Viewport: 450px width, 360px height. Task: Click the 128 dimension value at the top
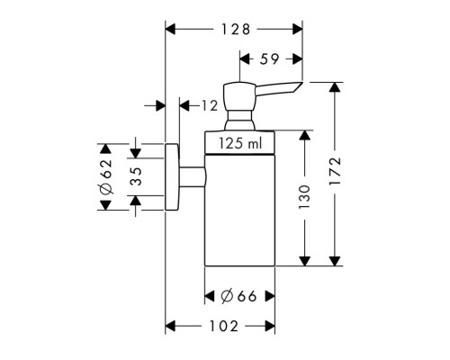[236, 30]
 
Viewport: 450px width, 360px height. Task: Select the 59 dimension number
[269, 59]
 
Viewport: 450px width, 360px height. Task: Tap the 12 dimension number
[209, 105]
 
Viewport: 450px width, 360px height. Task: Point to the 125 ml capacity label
[240, 143]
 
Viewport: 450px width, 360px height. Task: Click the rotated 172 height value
[335, 171]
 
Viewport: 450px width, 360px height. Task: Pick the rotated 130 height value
[305, 197]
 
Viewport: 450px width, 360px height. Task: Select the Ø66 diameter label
[238, 296]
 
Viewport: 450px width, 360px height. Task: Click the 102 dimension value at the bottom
[224, 326]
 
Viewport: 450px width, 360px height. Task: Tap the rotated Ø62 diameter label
[106, 176]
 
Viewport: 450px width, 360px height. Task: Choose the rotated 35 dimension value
[136, 176]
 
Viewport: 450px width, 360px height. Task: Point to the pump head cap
[239, 96]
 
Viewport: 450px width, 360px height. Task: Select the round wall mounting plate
[172, 177]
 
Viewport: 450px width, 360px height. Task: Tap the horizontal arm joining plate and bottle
[193, 177]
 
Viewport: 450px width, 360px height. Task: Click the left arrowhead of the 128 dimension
[170, 30]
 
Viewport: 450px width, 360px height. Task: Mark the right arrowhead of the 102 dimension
[270, 326]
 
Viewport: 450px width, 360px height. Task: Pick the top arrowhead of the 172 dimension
[335, 87]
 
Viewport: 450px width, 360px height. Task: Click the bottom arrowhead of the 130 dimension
[305, 261]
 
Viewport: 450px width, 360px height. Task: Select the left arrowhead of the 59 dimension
[245, 59]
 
